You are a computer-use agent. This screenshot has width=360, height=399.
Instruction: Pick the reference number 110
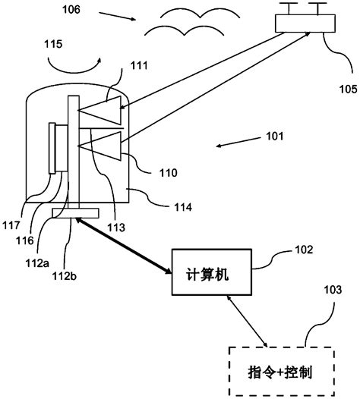[168, 173]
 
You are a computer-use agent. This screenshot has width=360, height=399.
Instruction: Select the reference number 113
[116, 225]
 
